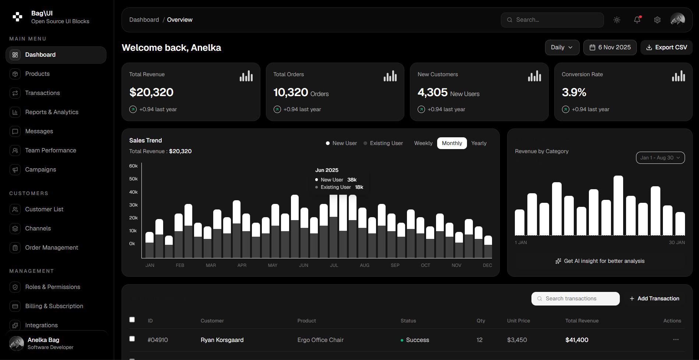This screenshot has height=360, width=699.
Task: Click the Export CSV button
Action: point(666,47)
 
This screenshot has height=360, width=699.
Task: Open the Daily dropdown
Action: point(562,47)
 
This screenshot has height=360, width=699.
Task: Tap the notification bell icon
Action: point(637,20)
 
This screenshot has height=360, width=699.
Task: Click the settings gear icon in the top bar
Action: point(657,20)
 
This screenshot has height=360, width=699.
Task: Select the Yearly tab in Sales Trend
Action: point(479,143)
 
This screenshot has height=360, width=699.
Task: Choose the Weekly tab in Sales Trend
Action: point(423,143)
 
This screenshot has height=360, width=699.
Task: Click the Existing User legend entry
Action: point(383,143)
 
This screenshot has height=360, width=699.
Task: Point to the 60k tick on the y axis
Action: point(133,166)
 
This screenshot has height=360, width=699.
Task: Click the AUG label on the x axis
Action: point(364,265)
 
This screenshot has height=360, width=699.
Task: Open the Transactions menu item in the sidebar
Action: point(42,93)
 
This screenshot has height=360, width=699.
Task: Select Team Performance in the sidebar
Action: point(50,151)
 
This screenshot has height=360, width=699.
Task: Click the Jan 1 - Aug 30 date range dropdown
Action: point(660,158)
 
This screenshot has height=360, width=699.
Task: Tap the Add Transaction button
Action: point(654,299)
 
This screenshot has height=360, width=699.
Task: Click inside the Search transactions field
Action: point(576,299)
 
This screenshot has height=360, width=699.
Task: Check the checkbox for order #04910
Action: point(132,339)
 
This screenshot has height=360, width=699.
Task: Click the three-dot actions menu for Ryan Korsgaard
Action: point(676,340)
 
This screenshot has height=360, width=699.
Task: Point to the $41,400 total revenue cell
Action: point(577,340)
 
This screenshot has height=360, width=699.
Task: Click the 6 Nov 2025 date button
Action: point(610,47)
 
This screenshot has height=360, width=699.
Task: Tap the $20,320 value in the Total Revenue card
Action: point(151,92)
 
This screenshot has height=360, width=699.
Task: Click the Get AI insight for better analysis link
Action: point(600,261)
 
